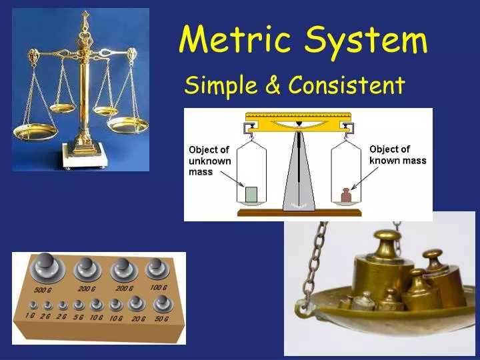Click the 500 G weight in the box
[47, 269]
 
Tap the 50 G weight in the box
[161, 305]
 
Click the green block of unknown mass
[251, 195]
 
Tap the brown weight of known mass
[346, 195]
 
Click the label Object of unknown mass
[209, 161]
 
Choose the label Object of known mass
[397, 155]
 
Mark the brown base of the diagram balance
[298, 213]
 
